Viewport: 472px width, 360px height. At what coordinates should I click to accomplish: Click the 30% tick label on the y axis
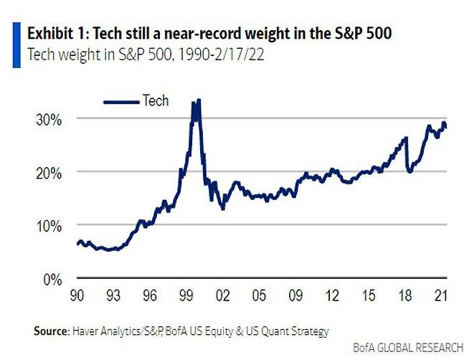(x=49, y=119)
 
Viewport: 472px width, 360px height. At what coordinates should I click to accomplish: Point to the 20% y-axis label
(x=49, y=172)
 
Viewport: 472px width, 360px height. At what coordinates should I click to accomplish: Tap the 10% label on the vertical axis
(x=49, y=225)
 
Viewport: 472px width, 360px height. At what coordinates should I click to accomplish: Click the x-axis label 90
(x=75, y=294)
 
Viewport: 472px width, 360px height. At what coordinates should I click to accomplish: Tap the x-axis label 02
(x=224, y=294)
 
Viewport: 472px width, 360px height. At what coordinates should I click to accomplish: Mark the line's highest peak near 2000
(x=199, y=100)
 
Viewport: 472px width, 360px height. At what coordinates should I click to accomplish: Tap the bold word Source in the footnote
(x=50, y=331)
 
